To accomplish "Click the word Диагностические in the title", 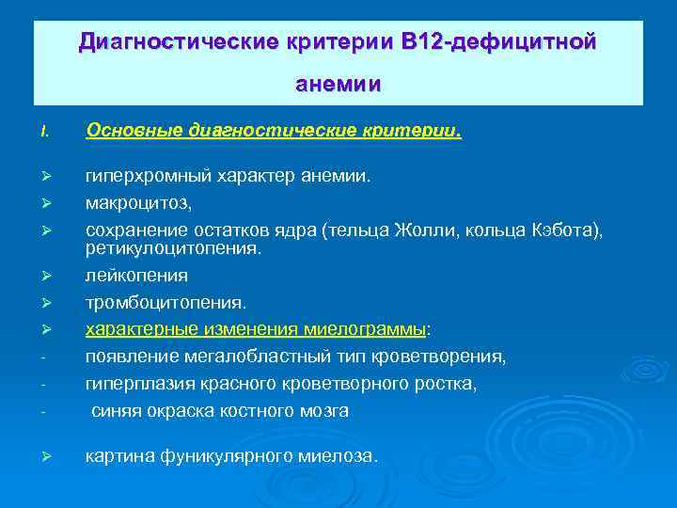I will click(165, 41).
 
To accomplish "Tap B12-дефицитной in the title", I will click(498, 41).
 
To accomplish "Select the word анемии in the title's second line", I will click(338, 85).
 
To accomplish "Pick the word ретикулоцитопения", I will click(173, 249).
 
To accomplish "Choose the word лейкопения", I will click(136, 276).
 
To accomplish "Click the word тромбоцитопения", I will click(165, 303).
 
